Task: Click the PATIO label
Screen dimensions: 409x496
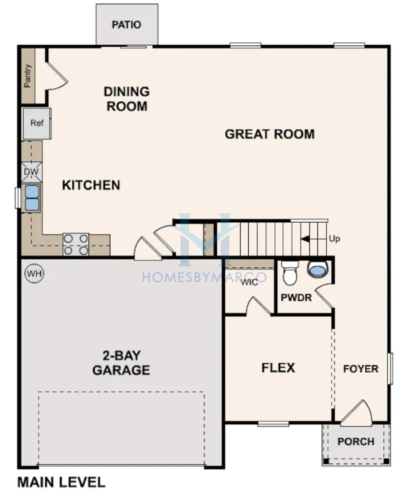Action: [x=127, y=25]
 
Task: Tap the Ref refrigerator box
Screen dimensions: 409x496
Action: [x=37, y=124]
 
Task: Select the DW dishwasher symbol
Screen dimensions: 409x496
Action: [x=32, y=172]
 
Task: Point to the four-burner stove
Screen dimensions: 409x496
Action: [x=76, y=244]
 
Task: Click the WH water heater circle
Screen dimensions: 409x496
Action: [x=35, y=274]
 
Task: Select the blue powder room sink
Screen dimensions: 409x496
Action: [x=318, y=270]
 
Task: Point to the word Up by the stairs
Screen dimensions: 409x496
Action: [x=334, y=239]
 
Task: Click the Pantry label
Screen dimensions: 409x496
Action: [x=28, y=76]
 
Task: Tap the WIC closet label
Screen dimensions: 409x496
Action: [x=250, y=283]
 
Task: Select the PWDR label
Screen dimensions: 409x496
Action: [x=296, y=298]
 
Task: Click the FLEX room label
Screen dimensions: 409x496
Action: [x=278, y=368]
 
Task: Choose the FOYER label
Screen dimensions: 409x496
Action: [x=361, y=369]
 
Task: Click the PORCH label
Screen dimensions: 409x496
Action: [x=356, y=442]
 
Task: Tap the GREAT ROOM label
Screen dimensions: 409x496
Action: [x=270, y=134]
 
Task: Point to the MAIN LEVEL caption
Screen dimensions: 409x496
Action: [x=61, y=483]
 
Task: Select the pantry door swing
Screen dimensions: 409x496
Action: [x=57, y=76]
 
